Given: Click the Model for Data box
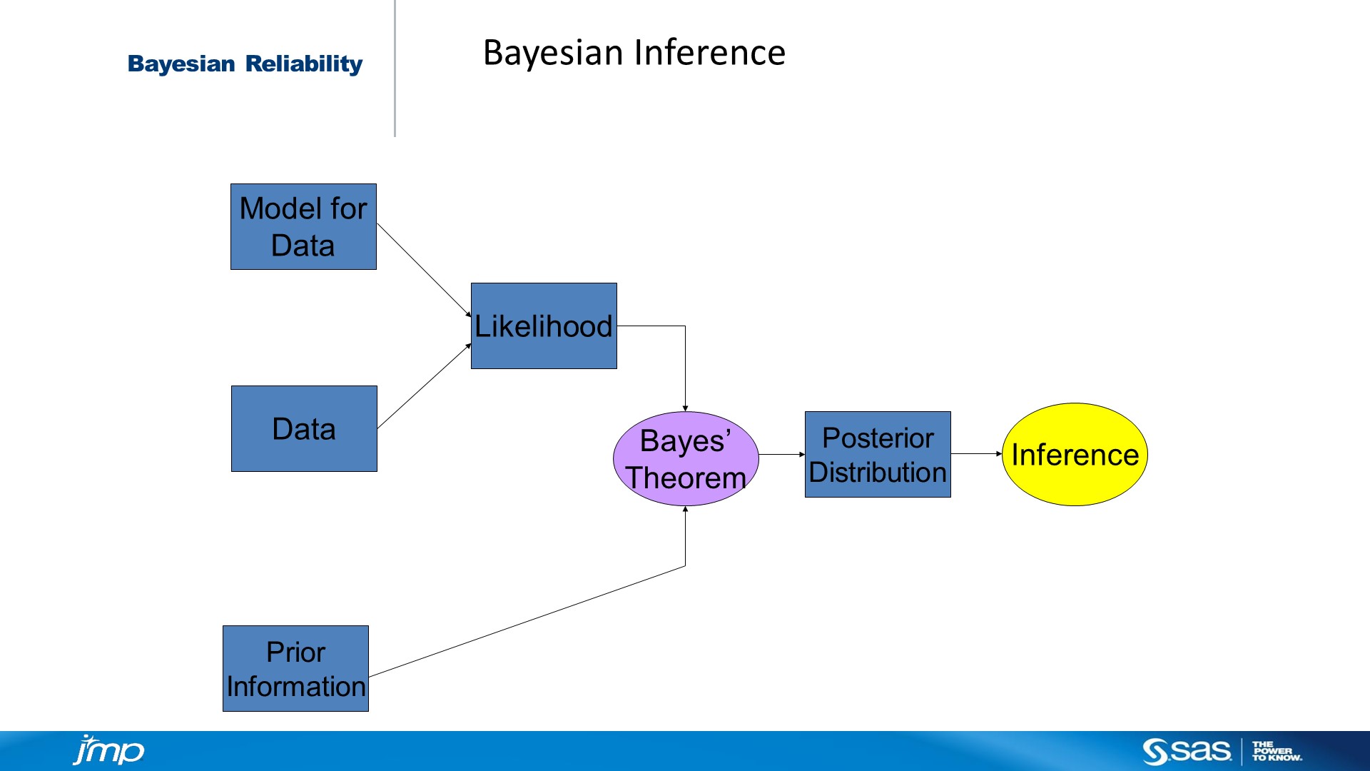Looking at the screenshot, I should [303, 226].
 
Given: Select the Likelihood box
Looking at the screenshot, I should [544, 326].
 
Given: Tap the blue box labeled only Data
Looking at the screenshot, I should [304, 428].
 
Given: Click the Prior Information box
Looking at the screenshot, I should [295, 668].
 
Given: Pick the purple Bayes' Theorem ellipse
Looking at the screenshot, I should [686, 458].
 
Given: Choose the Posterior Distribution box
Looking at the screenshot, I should [878, 454].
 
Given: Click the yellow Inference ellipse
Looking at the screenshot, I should [1075, 454].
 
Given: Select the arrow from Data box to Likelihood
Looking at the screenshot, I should [424, 386].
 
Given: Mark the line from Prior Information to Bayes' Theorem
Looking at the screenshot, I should [528, 621].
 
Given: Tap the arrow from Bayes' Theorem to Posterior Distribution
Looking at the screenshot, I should [781, 454].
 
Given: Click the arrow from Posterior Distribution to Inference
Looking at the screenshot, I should [976, 453].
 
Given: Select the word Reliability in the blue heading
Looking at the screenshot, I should [304, 64].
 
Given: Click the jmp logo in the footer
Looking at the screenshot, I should [108, 750].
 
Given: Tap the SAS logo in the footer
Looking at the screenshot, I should [1187, 751].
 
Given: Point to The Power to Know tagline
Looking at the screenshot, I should [1277, 751].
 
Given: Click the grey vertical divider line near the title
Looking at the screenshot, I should [395, 69].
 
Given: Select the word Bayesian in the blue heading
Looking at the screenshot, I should [181, 64].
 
